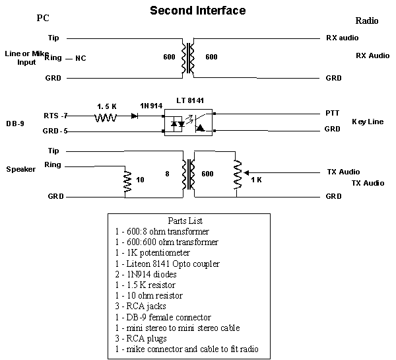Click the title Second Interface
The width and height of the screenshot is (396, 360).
(x=197, y=11)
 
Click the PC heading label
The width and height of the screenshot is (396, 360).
(x=44, y=18)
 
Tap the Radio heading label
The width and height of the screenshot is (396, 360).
(x=366, y=21)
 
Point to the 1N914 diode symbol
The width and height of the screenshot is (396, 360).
(x=135, y=116)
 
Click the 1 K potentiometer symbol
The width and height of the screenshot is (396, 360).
(x=236, y=179)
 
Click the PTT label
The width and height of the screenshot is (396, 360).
(x=333, y=113)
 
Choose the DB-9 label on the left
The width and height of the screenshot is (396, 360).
(x=15, y=124)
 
